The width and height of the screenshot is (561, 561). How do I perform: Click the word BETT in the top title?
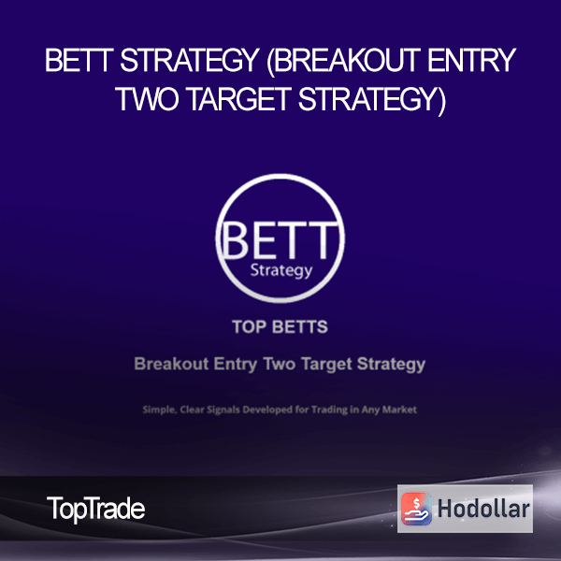(x=79, y=61)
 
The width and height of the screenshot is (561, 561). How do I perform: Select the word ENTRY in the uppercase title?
(x=471, y=61)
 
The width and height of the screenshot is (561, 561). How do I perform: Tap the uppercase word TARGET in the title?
(x=238, y=99)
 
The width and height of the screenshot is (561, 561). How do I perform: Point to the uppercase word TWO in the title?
(x=147, y=99)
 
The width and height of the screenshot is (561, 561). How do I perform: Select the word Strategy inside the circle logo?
(x=281, y=271)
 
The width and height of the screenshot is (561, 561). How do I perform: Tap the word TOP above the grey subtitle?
(x=249, y=326)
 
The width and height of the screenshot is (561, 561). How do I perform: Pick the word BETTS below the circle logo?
(x=300, y=326)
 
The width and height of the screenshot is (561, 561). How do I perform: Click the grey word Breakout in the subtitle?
(x=171, y=364)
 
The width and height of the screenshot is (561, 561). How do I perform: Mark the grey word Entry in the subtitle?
(x=236, y=365)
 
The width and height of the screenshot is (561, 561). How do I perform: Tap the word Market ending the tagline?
(x=399, y=410)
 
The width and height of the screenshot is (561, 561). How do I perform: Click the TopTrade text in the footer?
(x=96, y=509)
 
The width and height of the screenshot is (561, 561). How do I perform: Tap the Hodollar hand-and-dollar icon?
(x=416, y=509)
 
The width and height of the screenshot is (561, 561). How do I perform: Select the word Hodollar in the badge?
(x=483, y=509)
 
